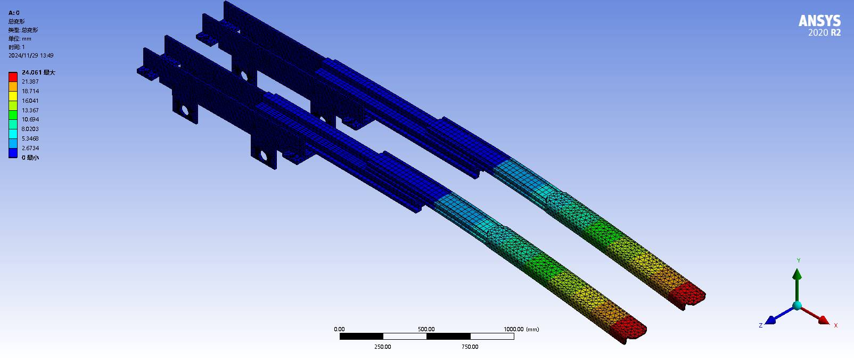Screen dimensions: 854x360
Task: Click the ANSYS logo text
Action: (x=819, y=21)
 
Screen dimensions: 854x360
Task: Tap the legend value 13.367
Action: (x=30, y=110)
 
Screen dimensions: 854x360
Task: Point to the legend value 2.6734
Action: (x=30, y=148)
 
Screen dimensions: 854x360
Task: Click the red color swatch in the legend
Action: (x=13, y=77)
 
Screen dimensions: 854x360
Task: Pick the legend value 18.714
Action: (x=30, y=91)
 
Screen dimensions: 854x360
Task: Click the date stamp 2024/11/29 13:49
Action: (x=31, y=55)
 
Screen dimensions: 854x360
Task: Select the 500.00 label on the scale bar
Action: (x=426, y=329)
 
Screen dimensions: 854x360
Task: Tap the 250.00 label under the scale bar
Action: (x=382, y=347)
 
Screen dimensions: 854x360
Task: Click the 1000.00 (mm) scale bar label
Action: (x=521, y=329)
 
